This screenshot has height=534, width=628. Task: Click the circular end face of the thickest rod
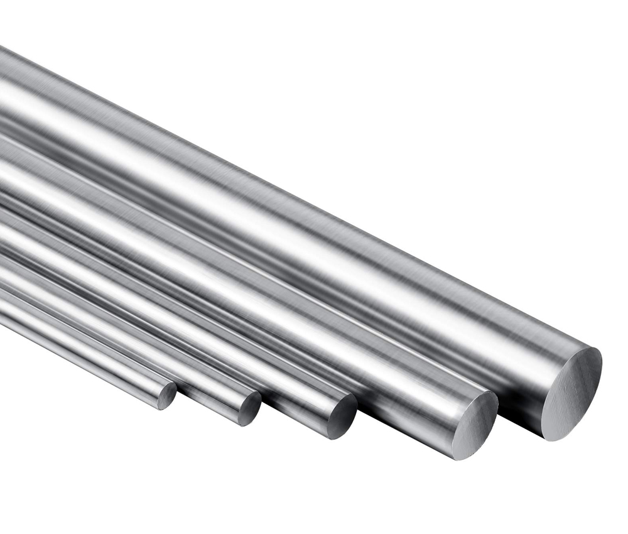pyautogui.click(x=571, y=393)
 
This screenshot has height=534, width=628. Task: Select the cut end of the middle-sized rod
pyautogui.click(x=342, y=416)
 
